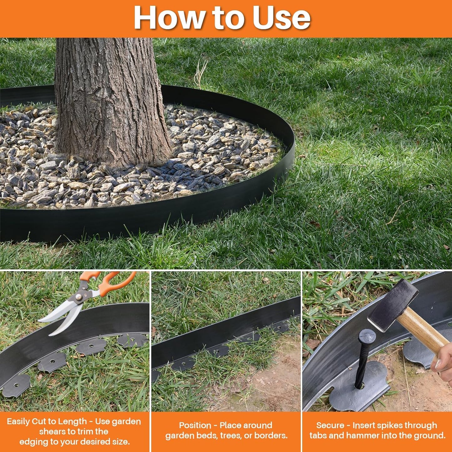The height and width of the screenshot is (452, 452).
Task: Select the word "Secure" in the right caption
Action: [x=330, y=425]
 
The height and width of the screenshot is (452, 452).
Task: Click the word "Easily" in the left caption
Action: [x=18, y=421]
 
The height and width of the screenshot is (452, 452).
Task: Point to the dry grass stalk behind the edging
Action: [x=200, y=74]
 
